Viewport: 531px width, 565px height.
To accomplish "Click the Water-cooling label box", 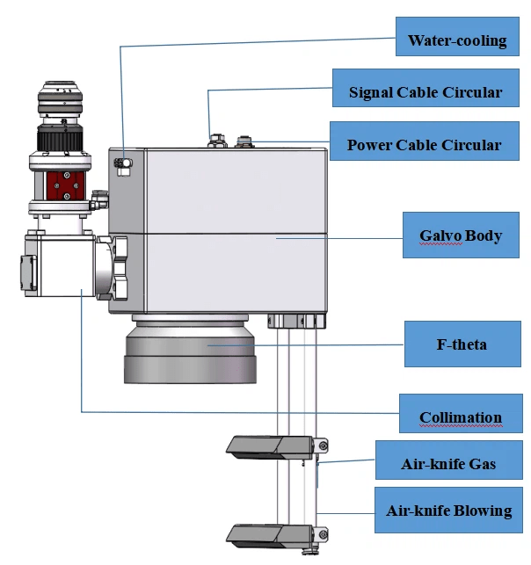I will click(457, 40).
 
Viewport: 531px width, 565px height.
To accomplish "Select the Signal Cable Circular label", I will click(426, 92).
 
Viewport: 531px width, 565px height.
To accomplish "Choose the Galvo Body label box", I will click(460, 235).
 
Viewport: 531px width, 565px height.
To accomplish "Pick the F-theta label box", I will click(462, 344).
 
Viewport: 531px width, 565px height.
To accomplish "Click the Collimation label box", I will click(460, 417).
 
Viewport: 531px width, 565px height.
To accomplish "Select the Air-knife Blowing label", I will click(448, 511).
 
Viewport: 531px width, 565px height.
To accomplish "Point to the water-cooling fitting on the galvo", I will click(123, 163).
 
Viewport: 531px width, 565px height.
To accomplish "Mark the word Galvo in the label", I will click(443, 235).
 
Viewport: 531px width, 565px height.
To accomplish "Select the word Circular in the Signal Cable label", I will click(471, 92).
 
